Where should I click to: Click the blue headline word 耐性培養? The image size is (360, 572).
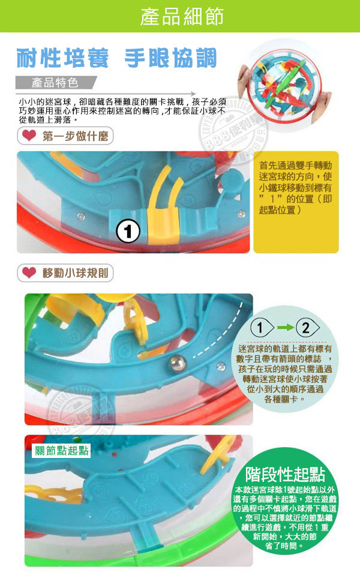tap(64, 59)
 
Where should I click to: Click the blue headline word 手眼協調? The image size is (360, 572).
tap(170, 59)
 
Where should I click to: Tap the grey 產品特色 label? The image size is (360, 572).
tap(55, 82)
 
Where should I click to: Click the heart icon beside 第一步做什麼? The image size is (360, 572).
tap(28, 136)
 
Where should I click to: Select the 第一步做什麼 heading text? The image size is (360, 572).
tap(75, 136)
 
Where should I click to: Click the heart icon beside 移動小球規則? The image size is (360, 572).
tap(28, 273)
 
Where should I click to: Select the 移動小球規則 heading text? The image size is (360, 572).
tap(75, 273)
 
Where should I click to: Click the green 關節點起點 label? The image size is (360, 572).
tap(61, 450)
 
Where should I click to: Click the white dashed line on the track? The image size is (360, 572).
tap(210, 352)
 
